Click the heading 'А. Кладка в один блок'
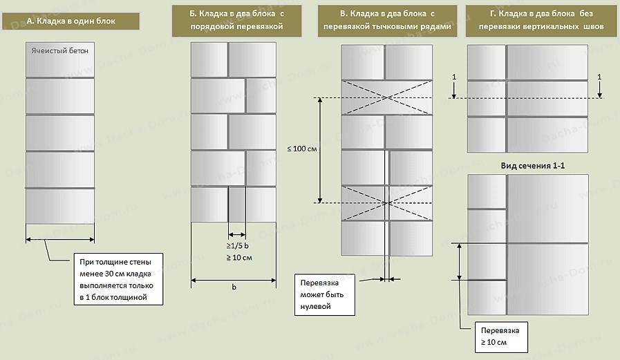[71, 21]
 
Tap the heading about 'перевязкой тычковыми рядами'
[386, 21]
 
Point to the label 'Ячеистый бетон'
[60, 50]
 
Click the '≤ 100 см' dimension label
[301, 150]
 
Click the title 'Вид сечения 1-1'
[528, 167]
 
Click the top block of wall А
[60, 61]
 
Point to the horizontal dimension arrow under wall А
[60, 240]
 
